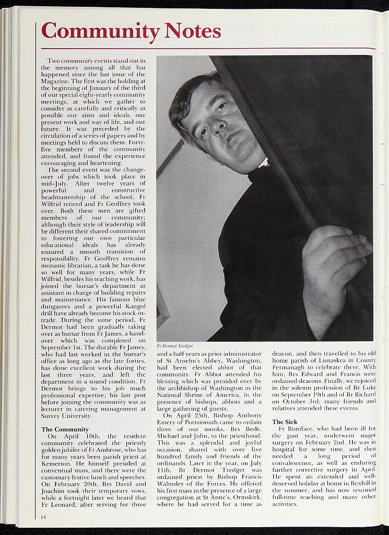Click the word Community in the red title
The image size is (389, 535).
click(x=100, y=31)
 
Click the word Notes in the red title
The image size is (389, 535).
click(x=192, y=31)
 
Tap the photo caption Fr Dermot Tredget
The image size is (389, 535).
click(x=175, y=346)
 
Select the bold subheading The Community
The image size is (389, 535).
click(x=65, y=429)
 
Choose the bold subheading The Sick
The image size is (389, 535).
click(x=285, y=421)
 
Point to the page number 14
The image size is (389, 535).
click(x=44, y=517)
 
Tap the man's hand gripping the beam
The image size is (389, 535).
click(x=335, y=261)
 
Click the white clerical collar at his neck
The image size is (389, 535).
click(x=263, y=164)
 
